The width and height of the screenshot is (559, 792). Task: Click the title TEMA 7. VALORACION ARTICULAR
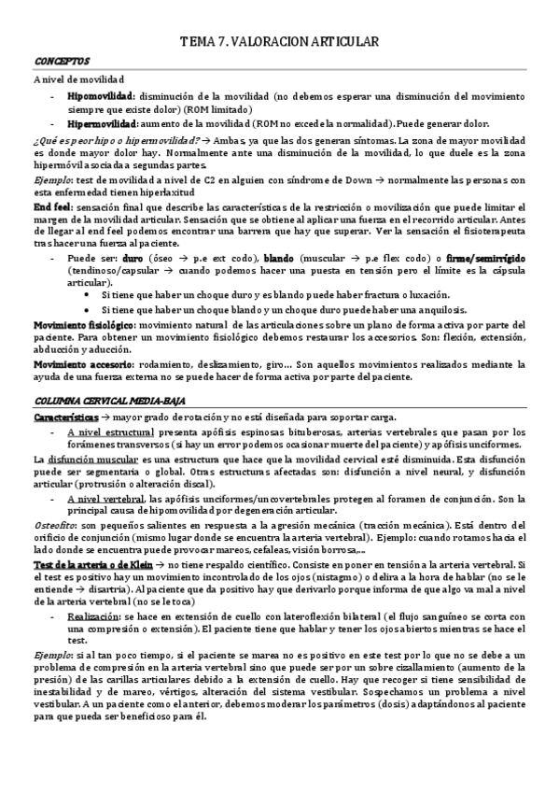tap(278, 42)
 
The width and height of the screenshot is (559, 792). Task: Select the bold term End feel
tap(52, 205)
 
